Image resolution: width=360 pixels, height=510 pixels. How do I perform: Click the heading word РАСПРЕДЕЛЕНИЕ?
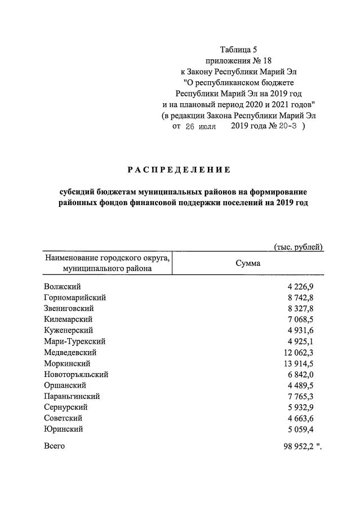pos(179,169)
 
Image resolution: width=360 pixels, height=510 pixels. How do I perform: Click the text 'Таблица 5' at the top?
pos(238,50)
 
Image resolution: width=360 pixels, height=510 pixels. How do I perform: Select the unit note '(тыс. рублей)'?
pos(298,246)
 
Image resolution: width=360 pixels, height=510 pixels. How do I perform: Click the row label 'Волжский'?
pos(62,287)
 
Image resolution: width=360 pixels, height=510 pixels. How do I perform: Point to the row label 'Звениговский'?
pos(69,309)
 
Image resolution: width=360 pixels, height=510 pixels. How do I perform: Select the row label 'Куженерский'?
pos(68,330)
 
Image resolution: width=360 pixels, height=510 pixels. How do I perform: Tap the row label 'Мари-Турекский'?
pos(74,342)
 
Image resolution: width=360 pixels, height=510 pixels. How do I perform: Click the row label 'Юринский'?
pos(63,429)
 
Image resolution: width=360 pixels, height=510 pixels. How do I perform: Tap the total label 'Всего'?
pos(54,446)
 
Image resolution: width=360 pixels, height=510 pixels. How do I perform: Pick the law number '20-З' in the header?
pos(287,126)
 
